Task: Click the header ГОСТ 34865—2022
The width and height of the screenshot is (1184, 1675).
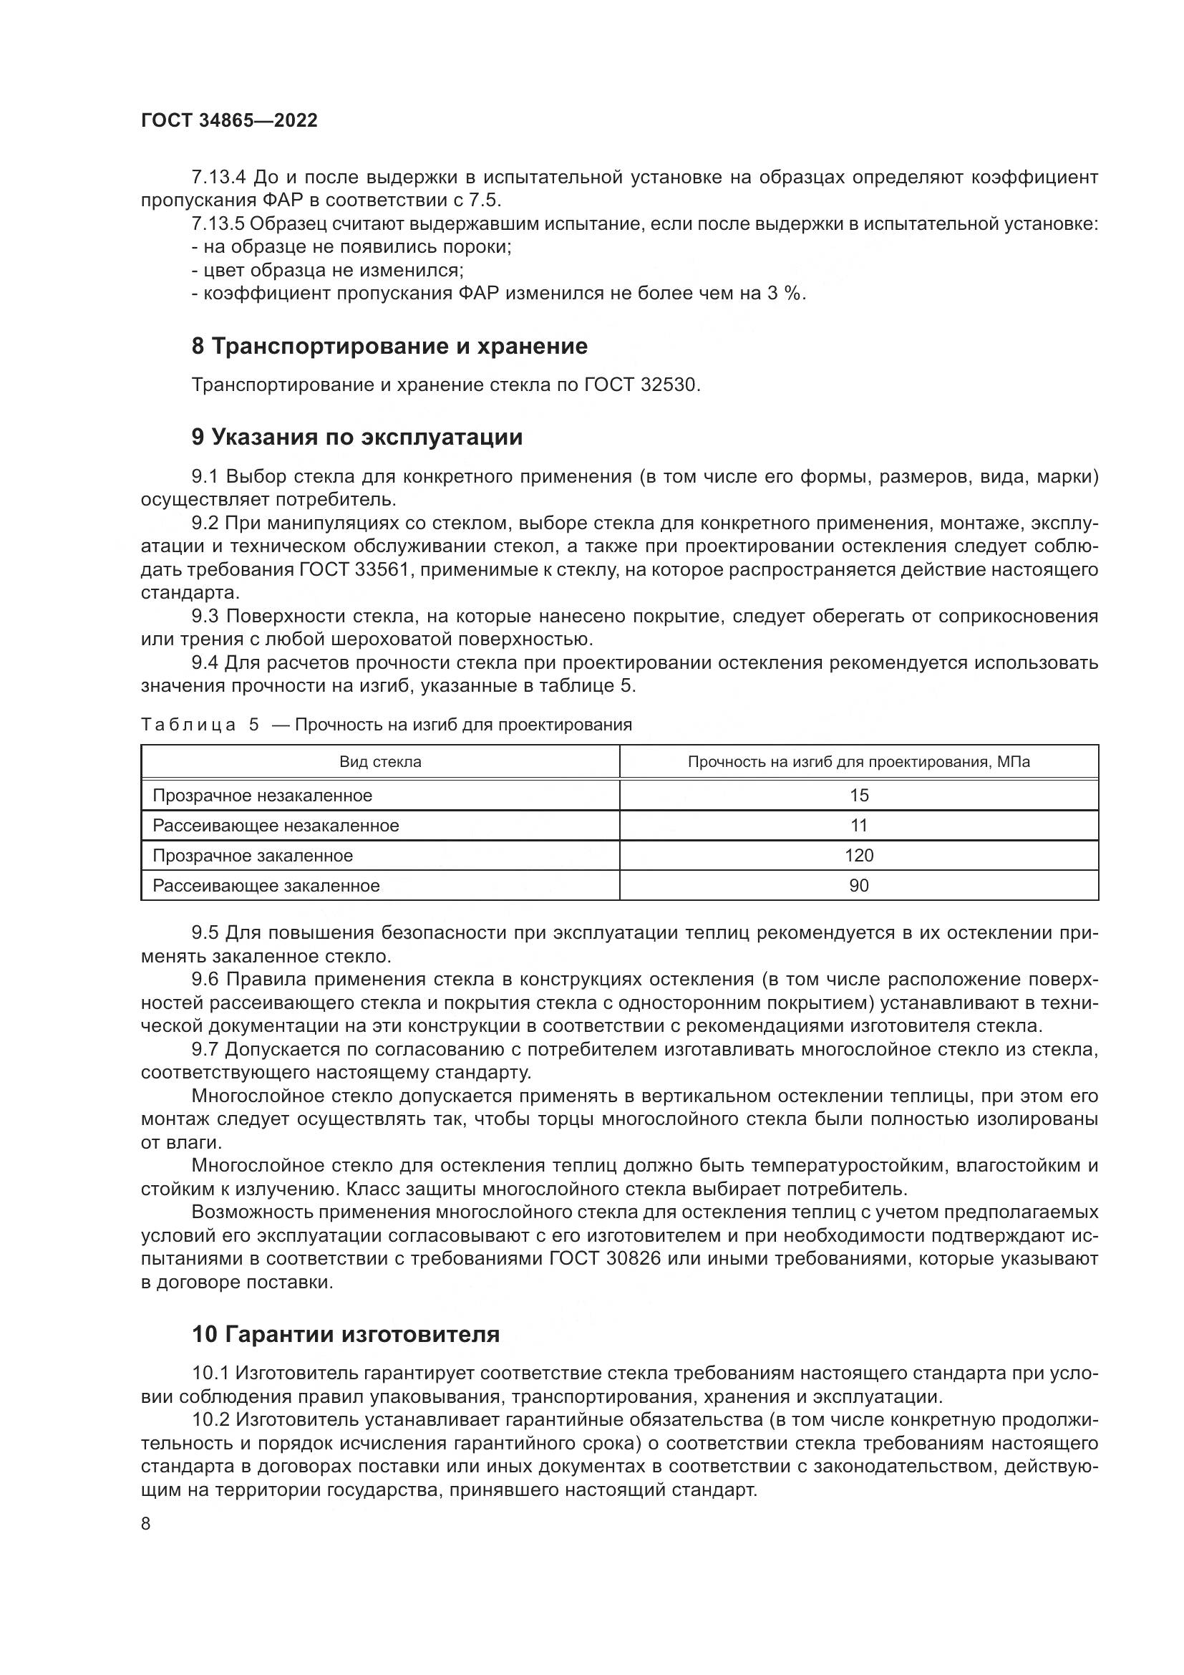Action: click(229, 121)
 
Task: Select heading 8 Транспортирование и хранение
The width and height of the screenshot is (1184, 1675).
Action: click(389, 347)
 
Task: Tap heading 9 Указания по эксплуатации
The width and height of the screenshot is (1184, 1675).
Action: click(357, 438)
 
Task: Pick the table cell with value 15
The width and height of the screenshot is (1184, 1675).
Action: click(859, 796)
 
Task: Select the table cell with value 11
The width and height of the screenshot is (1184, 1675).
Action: click(859, 826)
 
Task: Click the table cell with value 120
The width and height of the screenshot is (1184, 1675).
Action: click(859, 856)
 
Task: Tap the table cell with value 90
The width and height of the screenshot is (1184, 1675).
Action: click(859, 886)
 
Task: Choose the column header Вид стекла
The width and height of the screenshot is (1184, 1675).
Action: click(380, 763)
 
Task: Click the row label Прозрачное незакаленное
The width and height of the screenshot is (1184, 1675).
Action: click(263, 796)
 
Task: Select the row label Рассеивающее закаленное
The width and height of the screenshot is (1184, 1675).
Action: click(266, 886)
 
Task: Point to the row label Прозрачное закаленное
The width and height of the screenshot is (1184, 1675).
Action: click(253, 856)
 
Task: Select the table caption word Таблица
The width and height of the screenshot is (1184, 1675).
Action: click(189, 725)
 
